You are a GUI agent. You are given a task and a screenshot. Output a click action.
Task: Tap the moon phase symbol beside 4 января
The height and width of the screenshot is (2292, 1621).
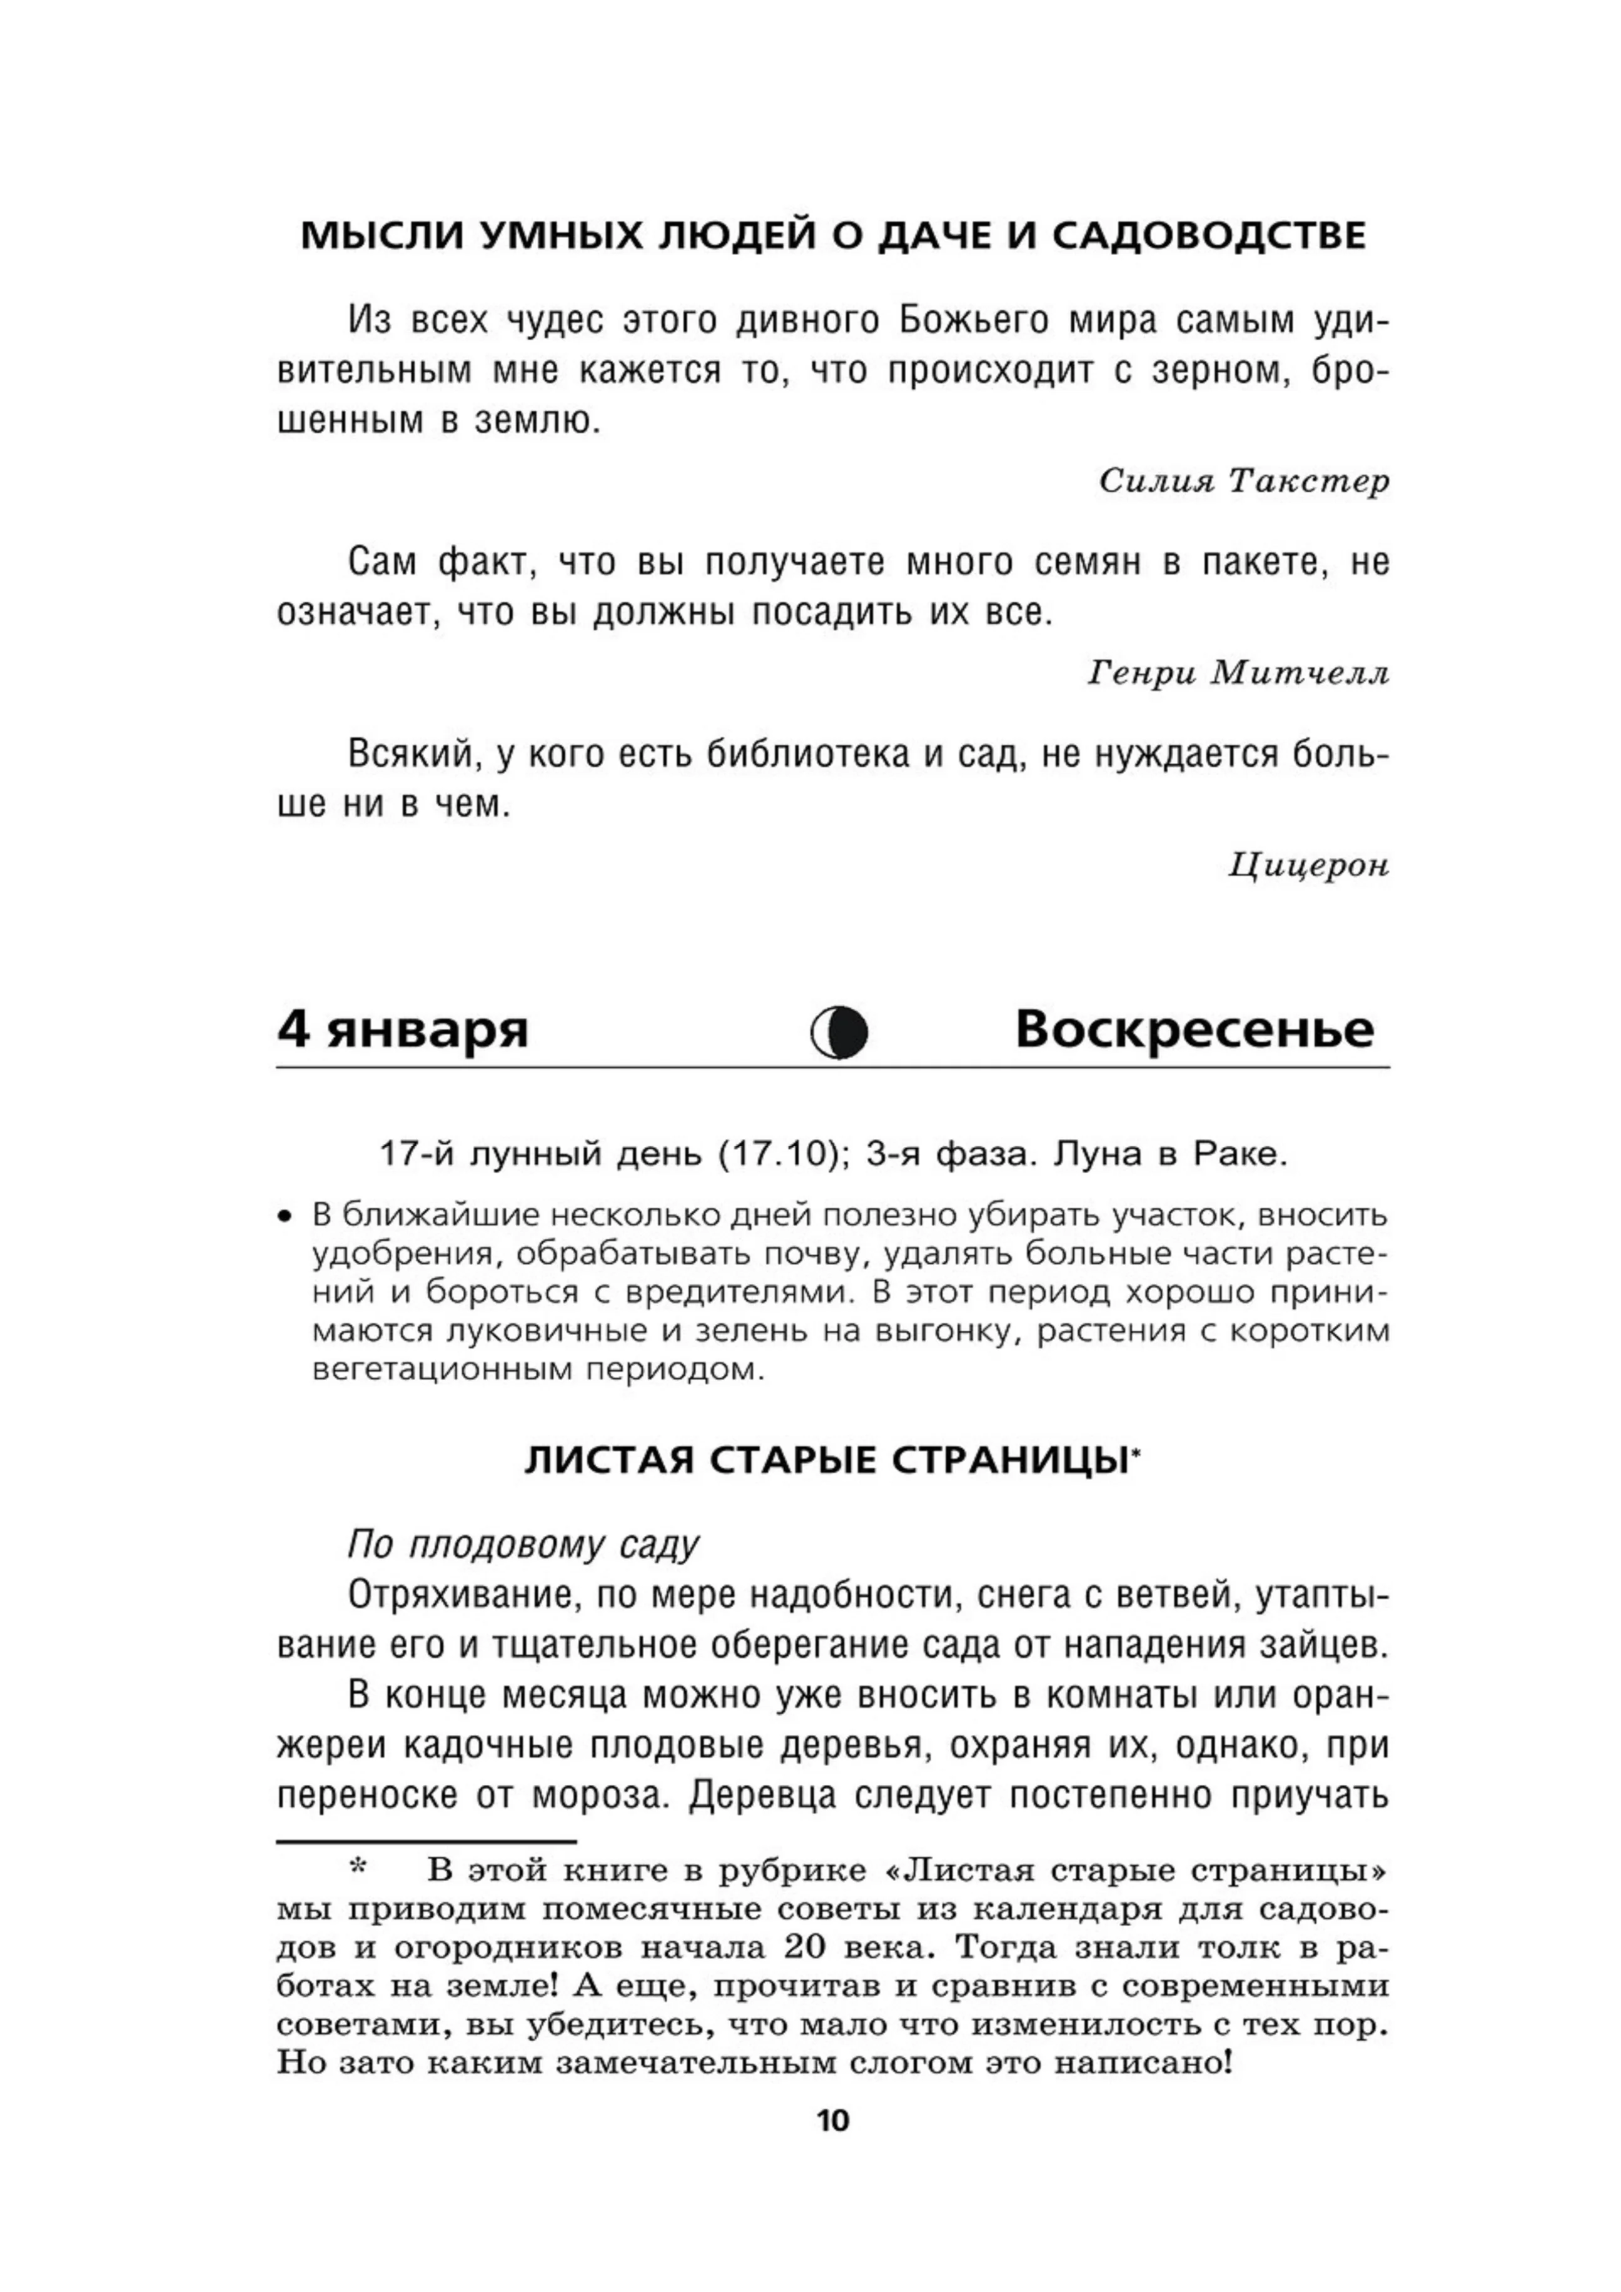tap(839, 1032)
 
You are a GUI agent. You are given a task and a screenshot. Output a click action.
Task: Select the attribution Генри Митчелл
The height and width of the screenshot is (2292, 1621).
tap(1238, 673)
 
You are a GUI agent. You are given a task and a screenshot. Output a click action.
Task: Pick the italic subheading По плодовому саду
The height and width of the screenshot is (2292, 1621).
tap(523, 1544)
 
